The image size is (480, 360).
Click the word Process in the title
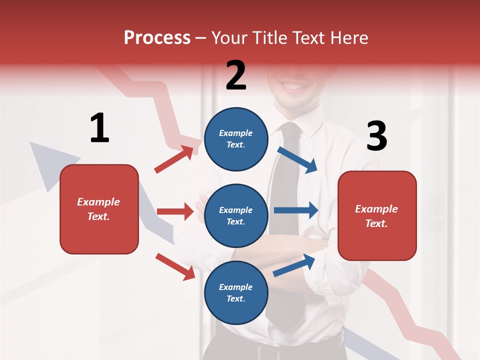tap(157, 38)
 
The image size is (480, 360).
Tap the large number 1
tap(99, 128)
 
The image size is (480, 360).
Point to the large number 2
tap(236, 75)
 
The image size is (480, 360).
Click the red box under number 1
tap(99, 209)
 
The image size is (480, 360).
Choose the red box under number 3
tap(377, 215)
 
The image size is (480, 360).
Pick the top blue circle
tap(236, 139)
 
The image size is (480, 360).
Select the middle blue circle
tap(236, 215)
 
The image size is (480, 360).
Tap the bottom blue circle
tap(236, 292)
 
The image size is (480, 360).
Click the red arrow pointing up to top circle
tap(174, 159)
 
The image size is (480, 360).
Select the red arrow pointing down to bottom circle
tap(175, 266)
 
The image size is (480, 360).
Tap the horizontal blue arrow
tap(295, 210)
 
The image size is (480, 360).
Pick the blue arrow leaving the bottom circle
tap(294, 265)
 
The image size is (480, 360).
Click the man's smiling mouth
tap(295, 86)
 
